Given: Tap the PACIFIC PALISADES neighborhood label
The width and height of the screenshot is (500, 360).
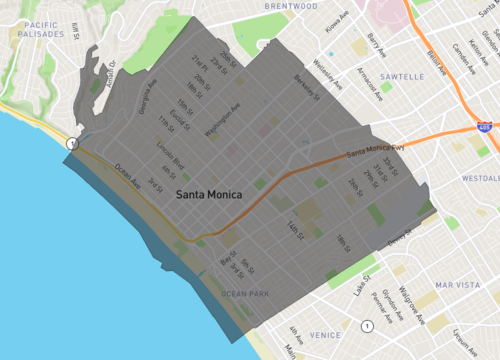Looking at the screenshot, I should [x=34, y=27].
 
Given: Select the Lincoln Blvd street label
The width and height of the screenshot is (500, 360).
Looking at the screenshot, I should [x=170, y=161].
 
